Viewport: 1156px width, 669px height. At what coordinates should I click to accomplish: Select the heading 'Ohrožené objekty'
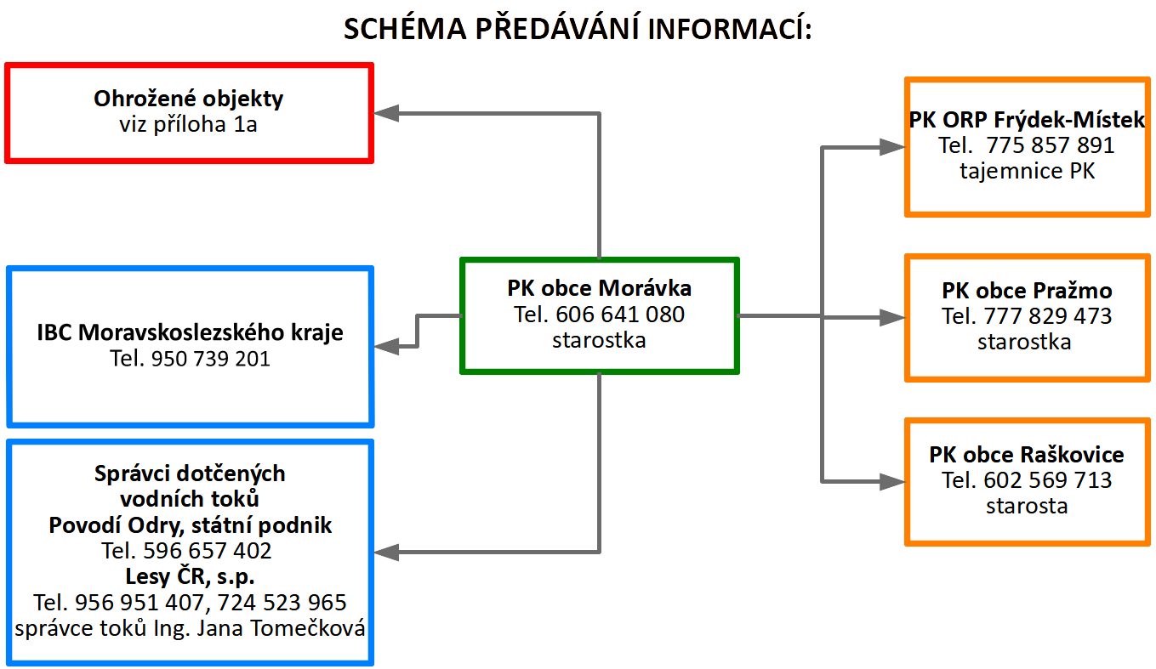point(188,99)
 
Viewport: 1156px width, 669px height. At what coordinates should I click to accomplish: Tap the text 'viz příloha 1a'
point(188,124)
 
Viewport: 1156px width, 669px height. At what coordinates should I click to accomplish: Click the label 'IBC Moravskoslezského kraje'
point(190,332)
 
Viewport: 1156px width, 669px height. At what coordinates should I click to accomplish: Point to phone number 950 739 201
point(211,359)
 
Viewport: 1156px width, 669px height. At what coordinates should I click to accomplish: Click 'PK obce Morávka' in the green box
point(599,288)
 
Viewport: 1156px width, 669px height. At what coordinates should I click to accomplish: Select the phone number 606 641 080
point(620,315)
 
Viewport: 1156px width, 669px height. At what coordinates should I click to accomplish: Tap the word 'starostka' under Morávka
point(599,340)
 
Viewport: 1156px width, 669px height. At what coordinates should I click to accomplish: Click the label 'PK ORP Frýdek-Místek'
point(1027,120)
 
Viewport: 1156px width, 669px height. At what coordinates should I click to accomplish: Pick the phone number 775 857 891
point(1051,145)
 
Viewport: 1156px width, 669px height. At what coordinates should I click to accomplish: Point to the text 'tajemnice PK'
point(1027,171)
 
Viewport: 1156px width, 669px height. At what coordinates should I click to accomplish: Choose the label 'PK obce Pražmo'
point(1027,291)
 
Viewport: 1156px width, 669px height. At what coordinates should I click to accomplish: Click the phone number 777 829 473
point(1048,316)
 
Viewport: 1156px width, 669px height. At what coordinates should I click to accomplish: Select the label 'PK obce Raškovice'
point(1027,455)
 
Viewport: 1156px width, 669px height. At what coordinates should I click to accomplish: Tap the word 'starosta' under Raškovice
point(1027,506)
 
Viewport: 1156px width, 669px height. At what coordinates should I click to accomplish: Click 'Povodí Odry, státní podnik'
point(190,525)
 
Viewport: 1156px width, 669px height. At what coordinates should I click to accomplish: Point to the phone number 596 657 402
point(208,551)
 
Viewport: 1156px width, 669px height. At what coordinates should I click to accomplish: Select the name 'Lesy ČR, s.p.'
point(190,576)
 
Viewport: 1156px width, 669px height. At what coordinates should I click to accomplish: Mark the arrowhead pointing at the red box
point(386,113)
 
